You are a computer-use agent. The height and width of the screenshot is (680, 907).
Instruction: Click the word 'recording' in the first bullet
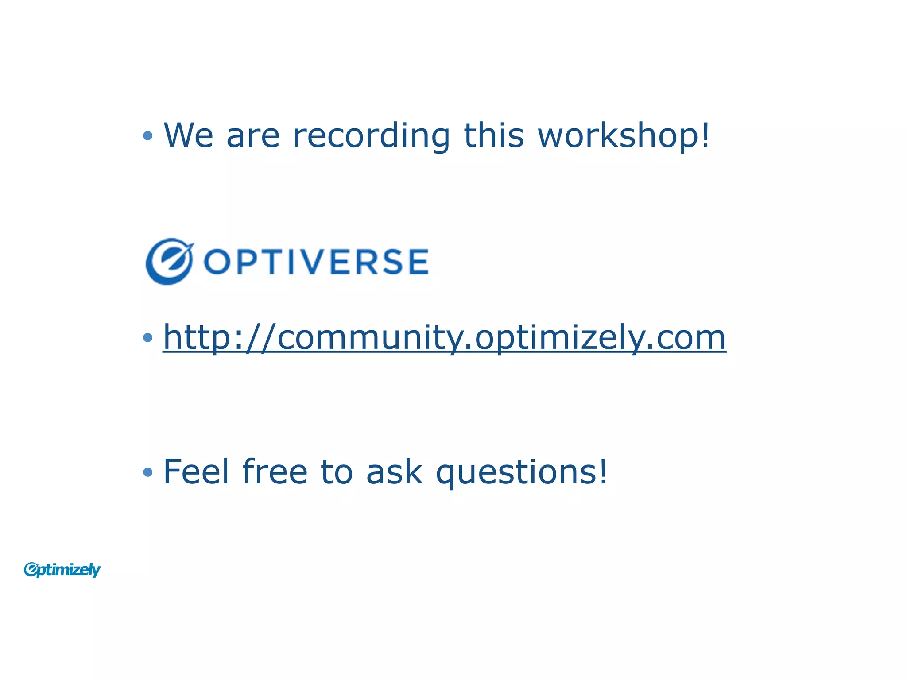tap(371, 135)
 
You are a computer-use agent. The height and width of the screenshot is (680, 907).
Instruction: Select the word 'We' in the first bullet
tap(188, 135)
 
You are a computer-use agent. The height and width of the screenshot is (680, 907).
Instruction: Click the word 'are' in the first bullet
tap(253, 136)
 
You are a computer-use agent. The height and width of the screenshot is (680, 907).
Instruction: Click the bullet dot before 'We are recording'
tap(148, 136)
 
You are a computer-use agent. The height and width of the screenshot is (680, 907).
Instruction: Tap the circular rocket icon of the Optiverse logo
tap(169, 261)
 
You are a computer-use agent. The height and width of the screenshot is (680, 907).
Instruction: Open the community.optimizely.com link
tap(444, 338)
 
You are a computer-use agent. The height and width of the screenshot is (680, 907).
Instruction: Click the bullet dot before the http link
tap(148, 338)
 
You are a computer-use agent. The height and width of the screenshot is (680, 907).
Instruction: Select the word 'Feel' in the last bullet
tap(196, 472)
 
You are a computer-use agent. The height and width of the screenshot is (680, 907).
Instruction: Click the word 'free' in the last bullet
tap(275, 472)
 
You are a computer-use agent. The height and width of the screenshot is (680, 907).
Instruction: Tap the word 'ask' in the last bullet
tap(394, 473)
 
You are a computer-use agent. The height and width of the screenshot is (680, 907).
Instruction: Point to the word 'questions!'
tap(522, 473)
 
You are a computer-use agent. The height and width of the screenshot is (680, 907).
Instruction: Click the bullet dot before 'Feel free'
tap(148, 473)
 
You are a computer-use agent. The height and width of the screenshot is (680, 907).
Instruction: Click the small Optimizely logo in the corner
tap(62, 570)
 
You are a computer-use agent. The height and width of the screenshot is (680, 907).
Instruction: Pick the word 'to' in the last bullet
tap(337, 473)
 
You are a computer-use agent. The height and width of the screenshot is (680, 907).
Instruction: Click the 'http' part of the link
tap(197, 338)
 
